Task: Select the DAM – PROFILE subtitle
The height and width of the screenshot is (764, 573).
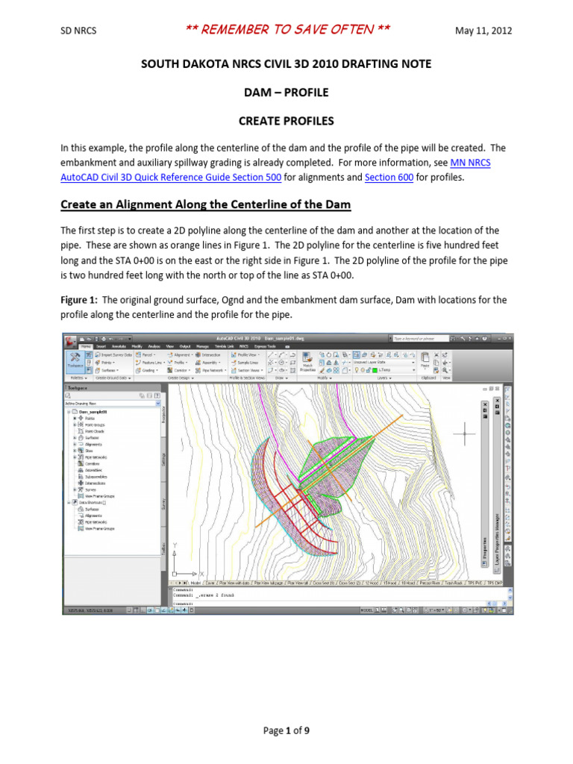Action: point(286,93)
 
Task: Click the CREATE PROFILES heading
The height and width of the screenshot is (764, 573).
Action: point(286,120)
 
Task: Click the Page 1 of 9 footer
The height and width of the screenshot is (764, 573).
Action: point(286,730)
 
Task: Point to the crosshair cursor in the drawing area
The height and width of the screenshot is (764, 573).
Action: point(466,433)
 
